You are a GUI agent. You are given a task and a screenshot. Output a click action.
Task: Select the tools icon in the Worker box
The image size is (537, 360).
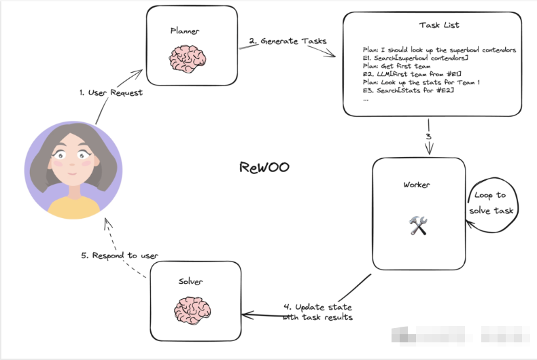[417, 226]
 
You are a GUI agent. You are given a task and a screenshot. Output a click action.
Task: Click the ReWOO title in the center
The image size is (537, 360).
[264, 168]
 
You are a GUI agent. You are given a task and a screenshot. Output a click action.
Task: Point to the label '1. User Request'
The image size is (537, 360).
[111, 92]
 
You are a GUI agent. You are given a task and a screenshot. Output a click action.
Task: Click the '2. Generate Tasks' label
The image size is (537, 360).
[288, 41]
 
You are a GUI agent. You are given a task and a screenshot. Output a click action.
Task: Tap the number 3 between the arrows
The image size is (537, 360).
[428, 137]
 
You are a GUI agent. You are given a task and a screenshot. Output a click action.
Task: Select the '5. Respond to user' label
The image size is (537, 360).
[120, 255]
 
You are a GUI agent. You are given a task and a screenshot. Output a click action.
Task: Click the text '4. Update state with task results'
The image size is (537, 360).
[318, 312]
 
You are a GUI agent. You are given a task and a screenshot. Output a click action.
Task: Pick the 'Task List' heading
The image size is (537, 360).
[439, 25]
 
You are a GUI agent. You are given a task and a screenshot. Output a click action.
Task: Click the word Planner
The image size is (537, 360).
[184, 31]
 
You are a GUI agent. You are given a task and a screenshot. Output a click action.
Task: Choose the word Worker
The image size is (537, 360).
[417, 185]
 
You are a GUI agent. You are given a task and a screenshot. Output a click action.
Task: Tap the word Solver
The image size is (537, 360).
[190, 281]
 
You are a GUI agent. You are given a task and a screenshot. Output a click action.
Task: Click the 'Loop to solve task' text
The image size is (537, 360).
[490, 203]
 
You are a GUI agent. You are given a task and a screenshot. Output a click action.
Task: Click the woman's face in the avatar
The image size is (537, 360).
[71, 160]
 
